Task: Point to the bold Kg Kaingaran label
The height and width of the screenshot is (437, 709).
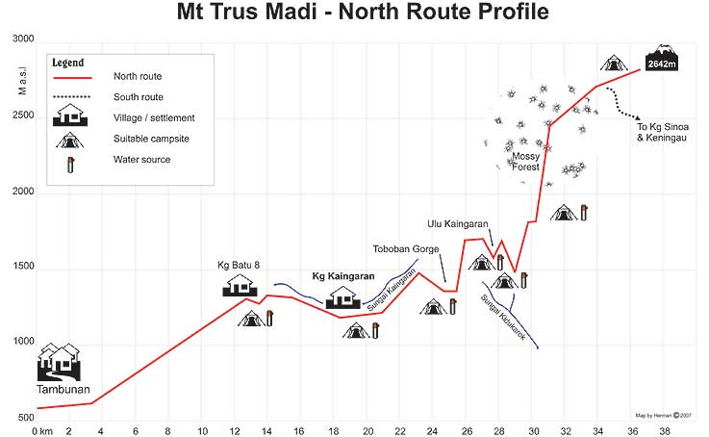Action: coord(343,276)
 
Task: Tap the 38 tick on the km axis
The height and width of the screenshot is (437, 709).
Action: coord(664,432)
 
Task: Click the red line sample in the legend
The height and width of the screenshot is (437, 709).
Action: coord(70,76)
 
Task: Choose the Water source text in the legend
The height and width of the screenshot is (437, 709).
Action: coord(141,160)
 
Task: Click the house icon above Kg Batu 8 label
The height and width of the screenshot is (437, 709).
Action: coord(241,285)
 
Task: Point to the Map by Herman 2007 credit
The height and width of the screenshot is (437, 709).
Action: coord(671,415)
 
